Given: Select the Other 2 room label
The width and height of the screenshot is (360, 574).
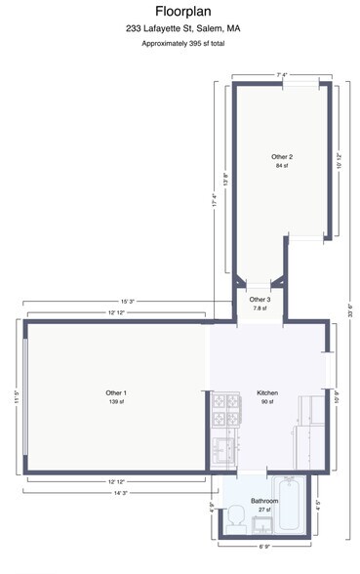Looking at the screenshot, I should [283, 156].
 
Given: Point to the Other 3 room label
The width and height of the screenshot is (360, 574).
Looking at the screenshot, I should [259, 299].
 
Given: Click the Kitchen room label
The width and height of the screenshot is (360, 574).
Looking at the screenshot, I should [267, 392].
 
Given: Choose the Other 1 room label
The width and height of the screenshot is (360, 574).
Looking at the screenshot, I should [116, 392].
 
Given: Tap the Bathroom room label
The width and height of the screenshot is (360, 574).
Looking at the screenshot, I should [263, 501].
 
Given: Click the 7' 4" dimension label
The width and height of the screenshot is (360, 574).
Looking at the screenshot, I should [283, 74].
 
